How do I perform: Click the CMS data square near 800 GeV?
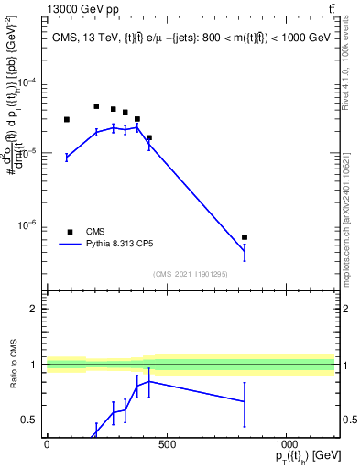pos(245,237)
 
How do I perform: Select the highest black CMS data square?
pos(96,106)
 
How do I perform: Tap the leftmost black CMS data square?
pos(67,119)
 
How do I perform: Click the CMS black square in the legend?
pos(70,232)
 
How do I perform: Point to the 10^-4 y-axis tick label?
pos(29,82)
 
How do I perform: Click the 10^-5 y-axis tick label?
pos(29,153)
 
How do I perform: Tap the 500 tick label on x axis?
pos(166,444)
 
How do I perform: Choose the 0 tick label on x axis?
pos(47,444)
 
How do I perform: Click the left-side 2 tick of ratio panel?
pos(34,309)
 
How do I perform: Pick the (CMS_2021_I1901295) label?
pos(191,274)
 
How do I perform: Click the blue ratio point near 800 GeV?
pos(245,401)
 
